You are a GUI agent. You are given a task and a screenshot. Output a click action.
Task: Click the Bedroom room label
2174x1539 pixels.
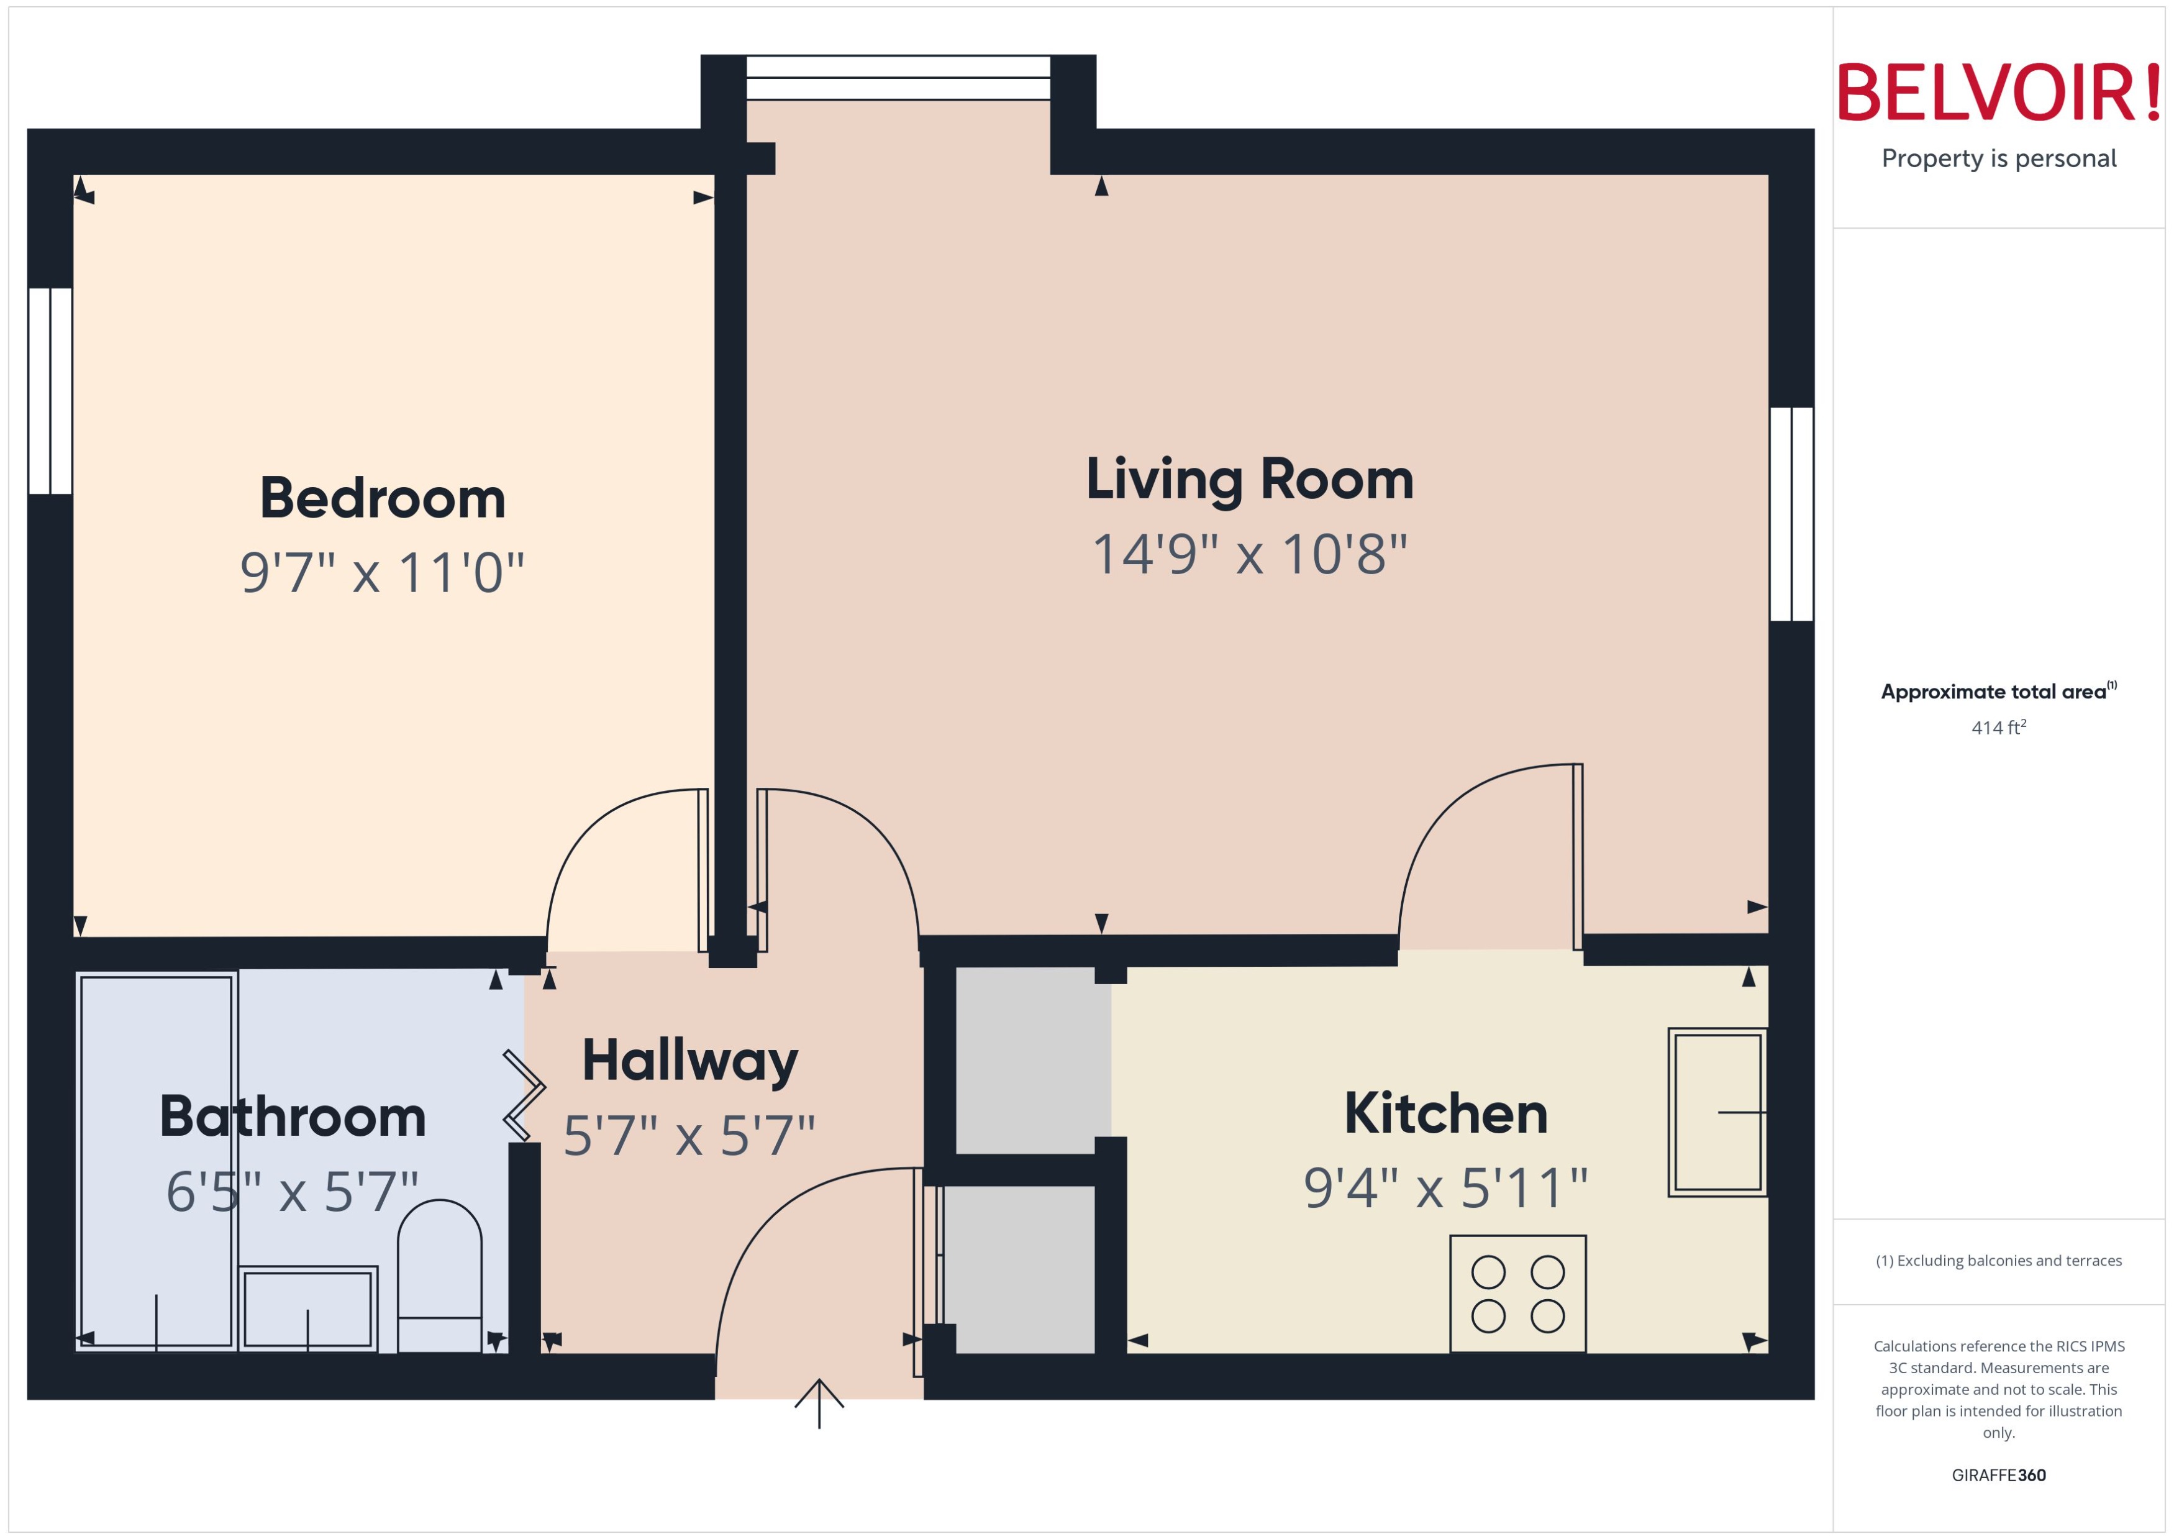382,498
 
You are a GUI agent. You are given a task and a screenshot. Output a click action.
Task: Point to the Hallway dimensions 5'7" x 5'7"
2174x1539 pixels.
689,1135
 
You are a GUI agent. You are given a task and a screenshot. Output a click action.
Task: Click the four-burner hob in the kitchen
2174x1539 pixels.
1517,1294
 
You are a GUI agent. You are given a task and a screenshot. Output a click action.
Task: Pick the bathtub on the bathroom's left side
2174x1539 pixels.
157,1161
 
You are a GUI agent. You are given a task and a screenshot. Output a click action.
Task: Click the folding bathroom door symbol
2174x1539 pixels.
523,1095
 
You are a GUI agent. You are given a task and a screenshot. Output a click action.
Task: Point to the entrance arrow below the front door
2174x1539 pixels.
819,1402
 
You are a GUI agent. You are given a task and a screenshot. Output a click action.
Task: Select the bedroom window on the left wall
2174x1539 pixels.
50,390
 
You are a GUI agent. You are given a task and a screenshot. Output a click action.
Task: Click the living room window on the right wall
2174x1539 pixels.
1790,514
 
